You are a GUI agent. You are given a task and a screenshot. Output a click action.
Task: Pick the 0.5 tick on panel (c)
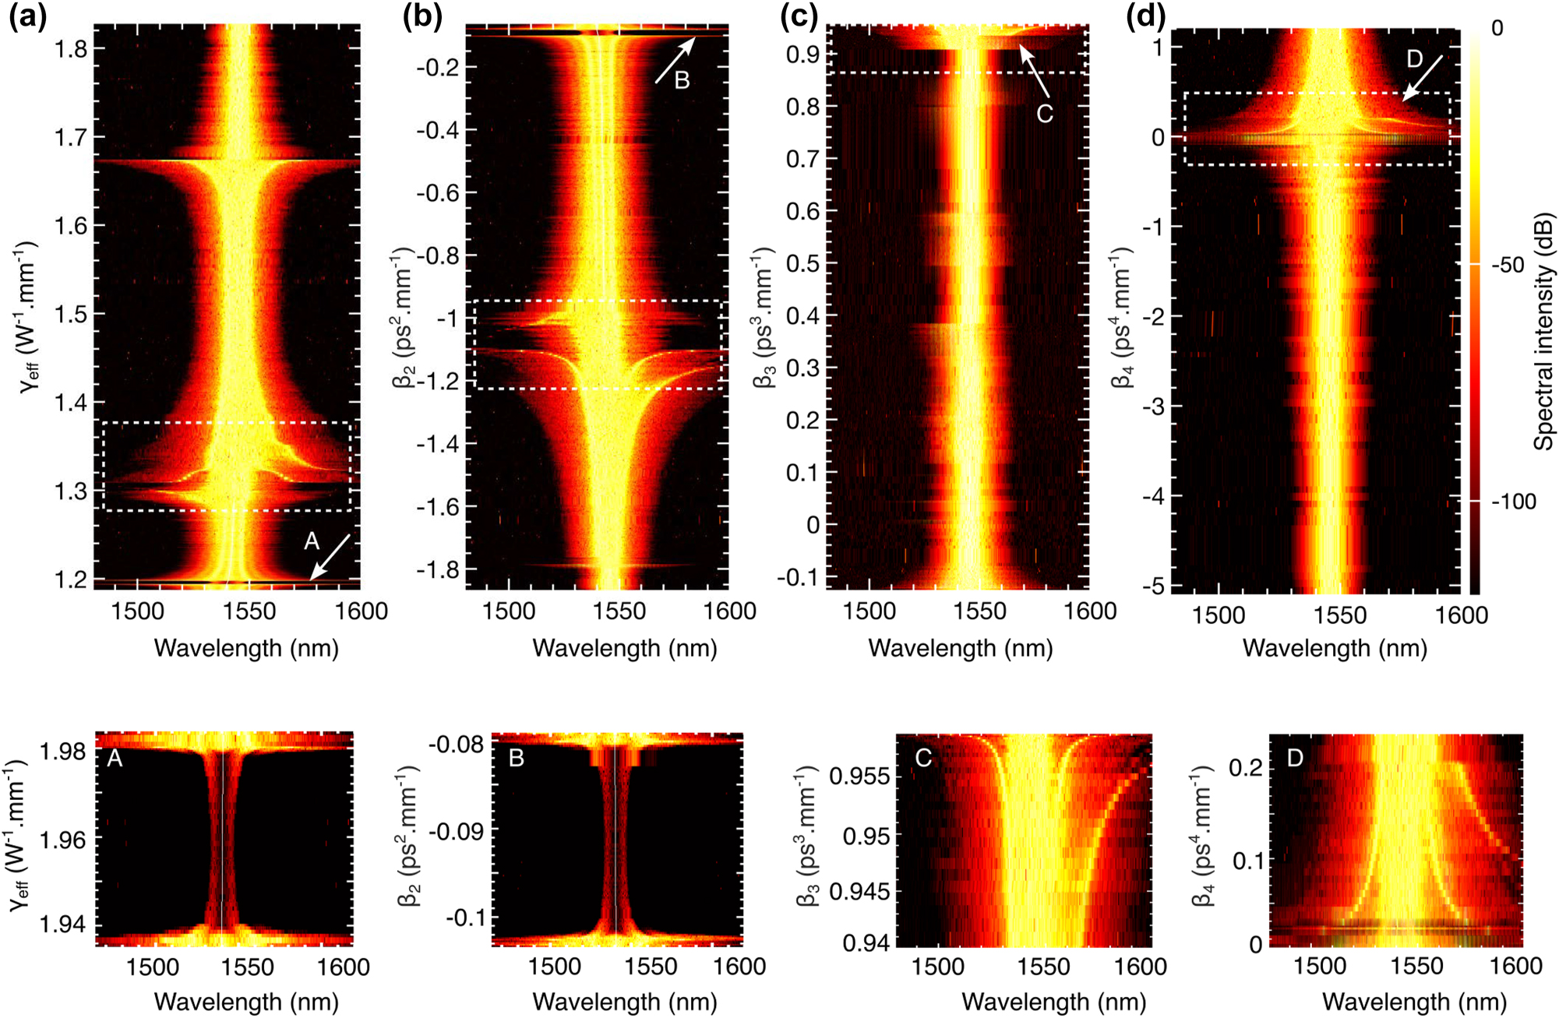[x=802, y=263]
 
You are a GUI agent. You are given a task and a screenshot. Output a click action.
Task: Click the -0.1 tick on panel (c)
[x=798, y=577]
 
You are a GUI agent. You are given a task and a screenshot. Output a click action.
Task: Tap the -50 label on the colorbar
[x=1508, y=266]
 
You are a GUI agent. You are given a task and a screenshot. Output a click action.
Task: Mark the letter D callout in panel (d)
[x=1414, y=59]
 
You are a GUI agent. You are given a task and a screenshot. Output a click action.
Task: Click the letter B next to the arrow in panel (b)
[x=682, y=80]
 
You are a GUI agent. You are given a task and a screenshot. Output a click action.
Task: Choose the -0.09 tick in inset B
[x=459, y=831]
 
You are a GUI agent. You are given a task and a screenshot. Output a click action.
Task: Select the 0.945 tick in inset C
[x=859, y=891]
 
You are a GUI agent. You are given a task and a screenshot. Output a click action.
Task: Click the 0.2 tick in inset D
[x=1246, y=768]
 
